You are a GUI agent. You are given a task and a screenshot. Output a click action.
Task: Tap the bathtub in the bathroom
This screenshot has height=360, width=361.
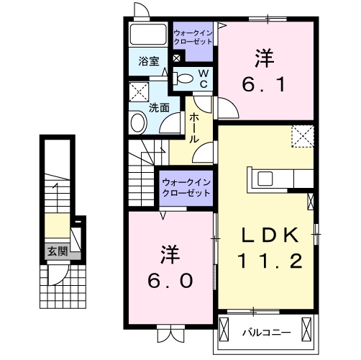coord(148,35)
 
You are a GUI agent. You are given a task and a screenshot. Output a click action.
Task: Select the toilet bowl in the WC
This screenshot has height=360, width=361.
coord(185,78)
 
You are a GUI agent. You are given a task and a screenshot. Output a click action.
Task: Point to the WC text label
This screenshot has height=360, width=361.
coord(204,78)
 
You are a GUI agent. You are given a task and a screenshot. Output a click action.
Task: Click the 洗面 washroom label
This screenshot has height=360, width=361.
coord(159,108)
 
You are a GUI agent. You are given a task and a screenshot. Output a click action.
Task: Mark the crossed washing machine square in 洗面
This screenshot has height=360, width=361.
coord(138,91)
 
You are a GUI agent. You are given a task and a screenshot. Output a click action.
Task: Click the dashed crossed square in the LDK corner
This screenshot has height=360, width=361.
coord(302,135)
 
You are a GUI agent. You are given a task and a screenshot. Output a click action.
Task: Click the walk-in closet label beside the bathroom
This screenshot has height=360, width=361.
coord(193,37)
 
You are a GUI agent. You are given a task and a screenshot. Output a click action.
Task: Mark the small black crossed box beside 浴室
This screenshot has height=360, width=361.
coord(177,58)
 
